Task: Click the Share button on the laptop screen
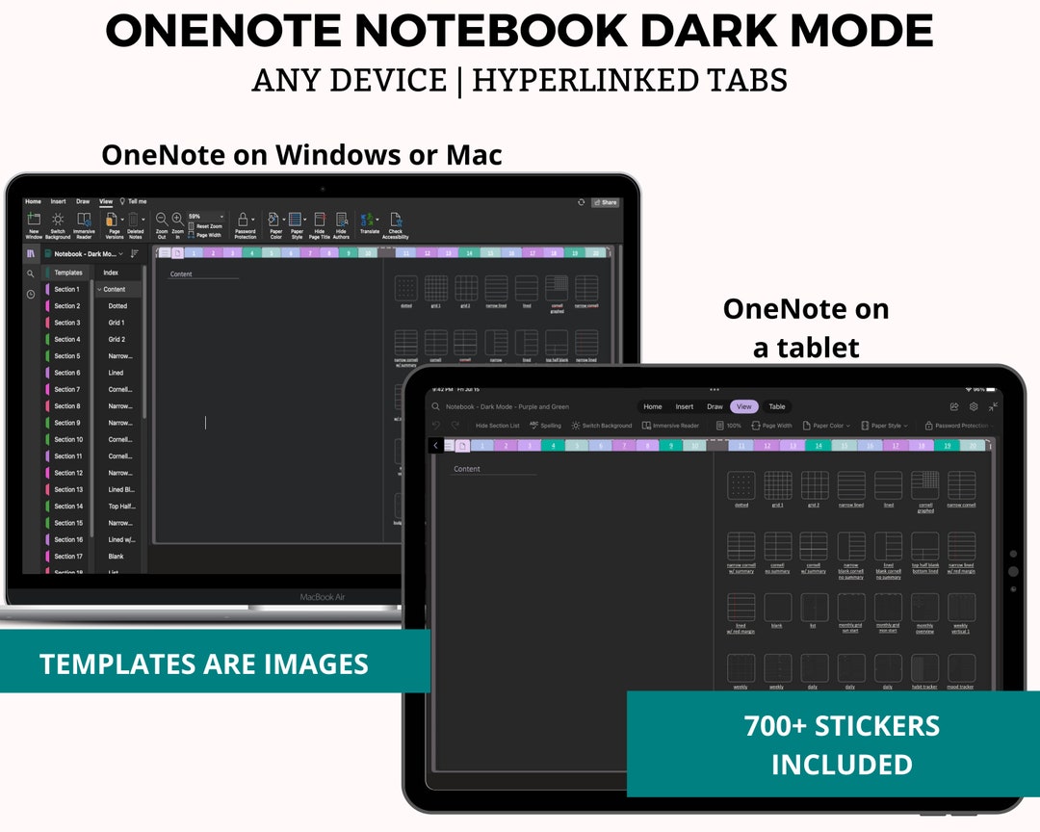coord(606,202)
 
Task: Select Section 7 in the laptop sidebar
coord(66,389)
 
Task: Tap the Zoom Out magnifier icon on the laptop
coord(162,220)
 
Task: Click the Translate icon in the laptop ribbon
coord(369,221)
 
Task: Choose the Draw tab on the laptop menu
coord(83,201)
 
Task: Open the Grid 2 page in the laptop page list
coord(117,339)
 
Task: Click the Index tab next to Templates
coord(111,273)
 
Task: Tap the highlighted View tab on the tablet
coord(743,406)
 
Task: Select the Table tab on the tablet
coord(776,406)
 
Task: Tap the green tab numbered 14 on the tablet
coord(818,446)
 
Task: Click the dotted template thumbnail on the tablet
coord(741,485)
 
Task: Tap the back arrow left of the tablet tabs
coord(436,446)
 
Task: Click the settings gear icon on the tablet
coord(974,406)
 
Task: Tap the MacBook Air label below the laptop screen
coord(322,597)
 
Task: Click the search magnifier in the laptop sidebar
coord(31,273)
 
